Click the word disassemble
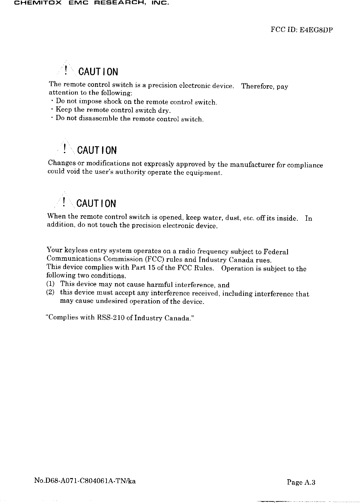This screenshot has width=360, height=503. point(94,118)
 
